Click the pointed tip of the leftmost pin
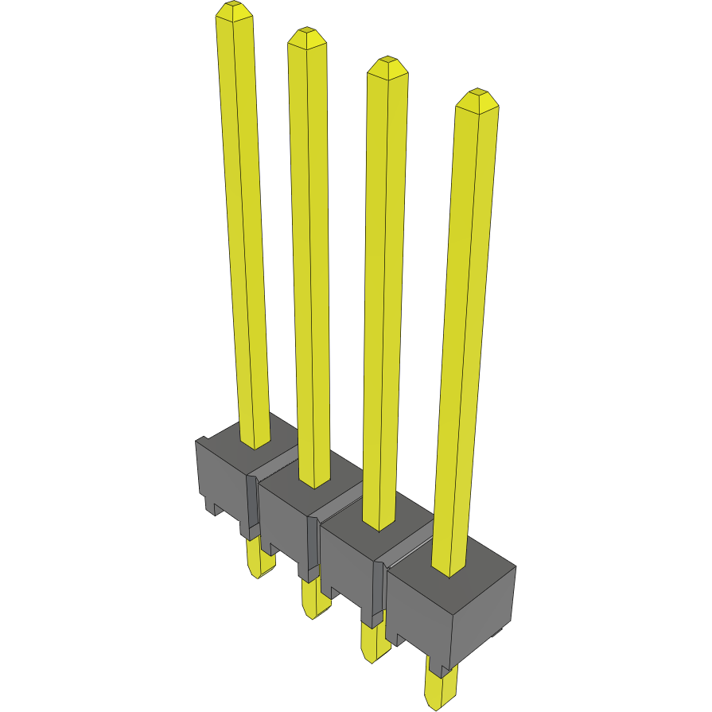[234, 10]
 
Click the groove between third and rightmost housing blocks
[406, 553]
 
